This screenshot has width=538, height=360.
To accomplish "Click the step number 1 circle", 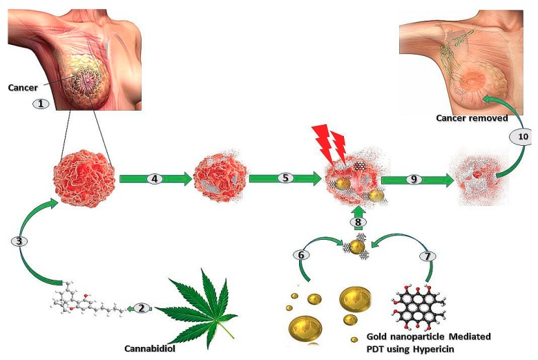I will pyautogui.click(x=41, y=104).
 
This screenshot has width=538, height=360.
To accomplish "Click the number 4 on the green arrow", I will pyautogui.click(x=155, y=178).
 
